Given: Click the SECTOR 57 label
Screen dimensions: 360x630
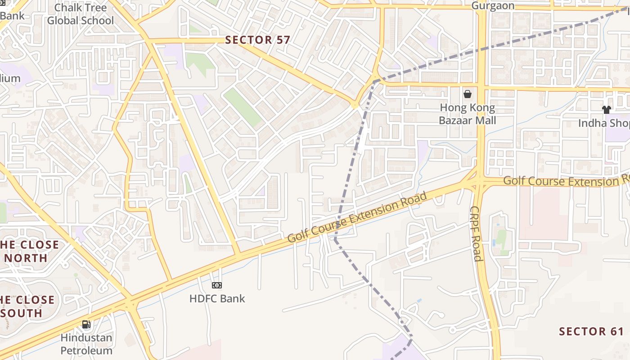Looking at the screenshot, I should (x=257, y=40).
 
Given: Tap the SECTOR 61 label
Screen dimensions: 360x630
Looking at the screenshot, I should (x=591, y=332).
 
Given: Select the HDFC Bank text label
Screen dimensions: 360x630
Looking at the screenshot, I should (x=217, y=298).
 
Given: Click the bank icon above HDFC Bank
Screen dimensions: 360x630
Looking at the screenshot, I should (x=217, y=285).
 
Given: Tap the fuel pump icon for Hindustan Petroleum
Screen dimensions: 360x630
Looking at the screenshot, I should (x=86, y=324).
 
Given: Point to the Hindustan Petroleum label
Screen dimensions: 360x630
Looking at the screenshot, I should (x=86, y=344).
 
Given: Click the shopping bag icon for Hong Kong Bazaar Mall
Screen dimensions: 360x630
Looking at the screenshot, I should (x=468, y=94).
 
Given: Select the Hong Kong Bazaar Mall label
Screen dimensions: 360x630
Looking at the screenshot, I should (x=468, y=114).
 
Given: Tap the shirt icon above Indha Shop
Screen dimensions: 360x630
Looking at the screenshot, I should (x=606, y=109).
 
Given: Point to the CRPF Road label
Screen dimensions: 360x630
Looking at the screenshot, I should (x=476, y=234).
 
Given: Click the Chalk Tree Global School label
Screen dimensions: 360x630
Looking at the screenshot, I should (x=81, y=14).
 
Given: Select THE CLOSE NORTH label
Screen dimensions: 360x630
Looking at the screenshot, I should (x=30, y=251).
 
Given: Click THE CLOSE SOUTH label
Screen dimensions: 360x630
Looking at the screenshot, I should (x=27, y=306).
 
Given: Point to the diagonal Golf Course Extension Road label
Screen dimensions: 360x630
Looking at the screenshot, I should (x=357, y=217).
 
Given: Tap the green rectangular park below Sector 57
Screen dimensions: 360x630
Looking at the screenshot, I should (x=243, y=107).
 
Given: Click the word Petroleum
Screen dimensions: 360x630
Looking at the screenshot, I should (x=86, y=350).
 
